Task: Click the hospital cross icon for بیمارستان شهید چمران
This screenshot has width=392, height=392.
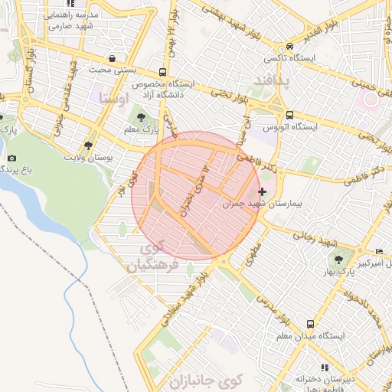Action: pyautogui.click(x=263, y=191)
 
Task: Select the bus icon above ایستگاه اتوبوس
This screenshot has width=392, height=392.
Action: pyautogui.click(x=269, y=115)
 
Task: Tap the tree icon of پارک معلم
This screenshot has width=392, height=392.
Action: pyautogui.click(x=141, y=116)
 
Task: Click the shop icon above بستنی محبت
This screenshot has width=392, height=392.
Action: pyautogui.click(x=113, y=58)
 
